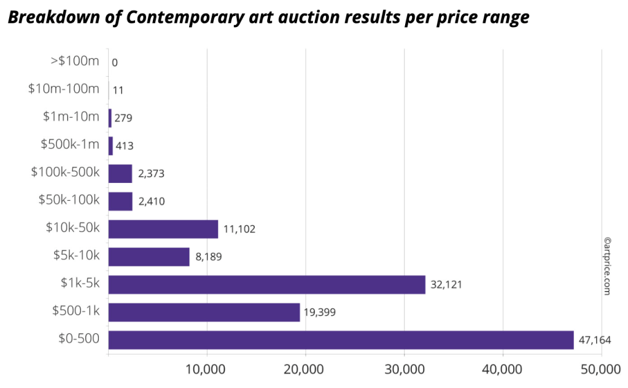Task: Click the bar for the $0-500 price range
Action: tap(341, 340)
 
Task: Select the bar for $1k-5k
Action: tap(266, 284)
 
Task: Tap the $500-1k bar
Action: tap(204, 312)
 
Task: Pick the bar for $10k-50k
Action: tap(163, 229)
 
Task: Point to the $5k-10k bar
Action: tap(149, 257)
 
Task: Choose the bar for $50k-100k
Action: tap(120, 201)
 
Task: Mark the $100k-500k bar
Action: tap(120, 174)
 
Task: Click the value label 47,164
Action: tap(594, 340)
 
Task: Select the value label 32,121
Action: tap(446, 284)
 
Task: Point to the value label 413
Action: tap(125, 146)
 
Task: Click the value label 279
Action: tap(123, 118)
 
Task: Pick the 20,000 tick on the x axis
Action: tap(305, 370)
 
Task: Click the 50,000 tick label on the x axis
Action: tap(601, 370)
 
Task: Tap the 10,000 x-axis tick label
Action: tap(207, 370)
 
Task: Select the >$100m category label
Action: tap(75, 61)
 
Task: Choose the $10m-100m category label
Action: tap(64, 89)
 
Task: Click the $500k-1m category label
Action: tap(69, 145)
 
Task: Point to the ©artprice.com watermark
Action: tap(607, 266)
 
